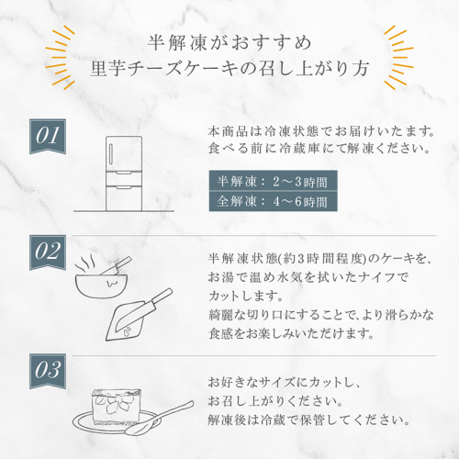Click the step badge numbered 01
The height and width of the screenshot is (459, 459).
point(48,136)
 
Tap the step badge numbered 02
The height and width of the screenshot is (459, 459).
point(48,252)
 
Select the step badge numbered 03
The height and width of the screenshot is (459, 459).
point(48,371)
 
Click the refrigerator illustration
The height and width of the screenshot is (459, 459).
point(124,174)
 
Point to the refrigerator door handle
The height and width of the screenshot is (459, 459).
point(110,154)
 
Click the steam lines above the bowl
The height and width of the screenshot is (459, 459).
point(85,263)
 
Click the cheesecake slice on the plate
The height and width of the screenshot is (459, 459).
point(117,406)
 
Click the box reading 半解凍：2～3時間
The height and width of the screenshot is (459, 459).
point(274,181)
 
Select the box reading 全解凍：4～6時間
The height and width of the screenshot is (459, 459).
point(274,201)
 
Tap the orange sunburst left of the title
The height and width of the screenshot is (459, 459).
point(61,57)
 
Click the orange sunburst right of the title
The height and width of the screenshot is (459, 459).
point(398,57)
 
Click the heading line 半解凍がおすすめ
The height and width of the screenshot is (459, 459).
point(229,42)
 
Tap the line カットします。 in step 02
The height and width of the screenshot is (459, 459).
point(245,297)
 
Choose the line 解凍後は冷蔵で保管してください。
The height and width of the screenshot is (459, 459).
point(309,420)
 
